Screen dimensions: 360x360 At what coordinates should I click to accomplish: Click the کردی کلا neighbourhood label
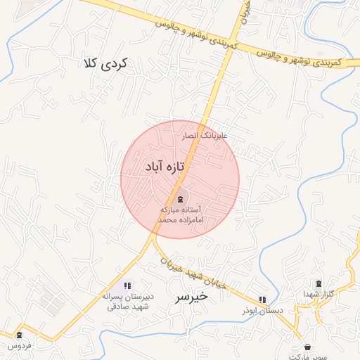[108, 63]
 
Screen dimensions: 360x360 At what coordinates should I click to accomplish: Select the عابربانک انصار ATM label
[207, 134]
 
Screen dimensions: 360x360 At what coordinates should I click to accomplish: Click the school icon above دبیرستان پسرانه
[127, 285]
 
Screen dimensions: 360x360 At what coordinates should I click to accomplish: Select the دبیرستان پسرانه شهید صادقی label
[127, 301]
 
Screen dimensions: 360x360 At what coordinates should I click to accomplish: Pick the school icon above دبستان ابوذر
[263, 300]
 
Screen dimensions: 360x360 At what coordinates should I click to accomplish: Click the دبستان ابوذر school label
[256, 310]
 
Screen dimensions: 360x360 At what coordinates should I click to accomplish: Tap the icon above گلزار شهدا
[319, 283]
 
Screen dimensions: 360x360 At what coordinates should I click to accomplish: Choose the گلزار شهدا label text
[318, 293]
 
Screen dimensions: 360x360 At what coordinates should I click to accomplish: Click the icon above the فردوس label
[19, 335]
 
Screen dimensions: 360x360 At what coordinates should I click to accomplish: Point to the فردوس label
[19, 345]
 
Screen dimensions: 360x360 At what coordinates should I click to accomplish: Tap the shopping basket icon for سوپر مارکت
[308, 347]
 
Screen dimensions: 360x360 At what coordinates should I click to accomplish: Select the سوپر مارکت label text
[308, 356]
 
